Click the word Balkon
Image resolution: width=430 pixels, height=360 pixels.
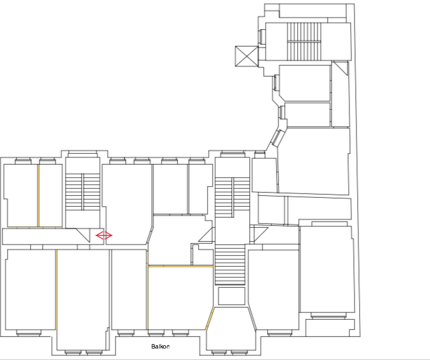(x=160, y=347)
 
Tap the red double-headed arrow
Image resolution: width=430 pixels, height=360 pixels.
(x=104, y=235)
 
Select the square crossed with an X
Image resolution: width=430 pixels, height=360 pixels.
(x=247, y=56)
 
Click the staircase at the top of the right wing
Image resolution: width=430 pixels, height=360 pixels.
(x=304, y=41)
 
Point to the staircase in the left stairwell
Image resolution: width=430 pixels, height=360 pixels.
(x=82, y=191)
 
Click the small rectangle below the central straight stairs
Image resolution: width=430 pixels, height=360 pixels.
(x=231, y=296)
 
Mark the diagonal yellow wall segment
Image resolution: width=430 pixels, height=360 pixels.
(x=210, y=319)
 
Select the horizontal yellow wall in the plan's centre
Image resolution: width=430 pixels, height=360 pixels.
(x=181, y=266)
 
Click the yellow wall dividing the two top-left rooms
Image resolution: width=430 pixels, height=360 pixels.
(x=38, y=195)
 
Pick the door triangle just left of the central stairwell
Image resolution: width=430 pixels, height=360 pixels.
(x=206, y=235)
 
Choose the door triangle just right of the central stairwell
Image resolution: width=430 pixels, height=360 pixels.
(x=259, y=234)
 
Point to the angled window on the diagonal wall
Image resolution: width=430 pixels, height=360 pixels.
(x=277, y=138)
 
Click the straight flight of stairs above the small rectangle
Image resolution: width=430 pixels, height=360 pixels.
(x=230, y=265)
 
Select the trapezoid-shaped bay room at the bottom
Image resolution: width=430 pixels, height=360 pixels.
(x=231, y=328)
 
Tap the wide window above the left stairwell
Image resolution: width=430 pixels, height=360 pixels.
(x=82, y=153)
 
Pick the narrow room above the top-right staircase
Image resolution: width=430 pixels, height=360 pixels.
(x=312, y=11)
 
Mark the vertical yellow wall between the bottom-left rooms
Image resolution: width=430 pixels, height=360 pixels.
(x=56, y=289)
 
